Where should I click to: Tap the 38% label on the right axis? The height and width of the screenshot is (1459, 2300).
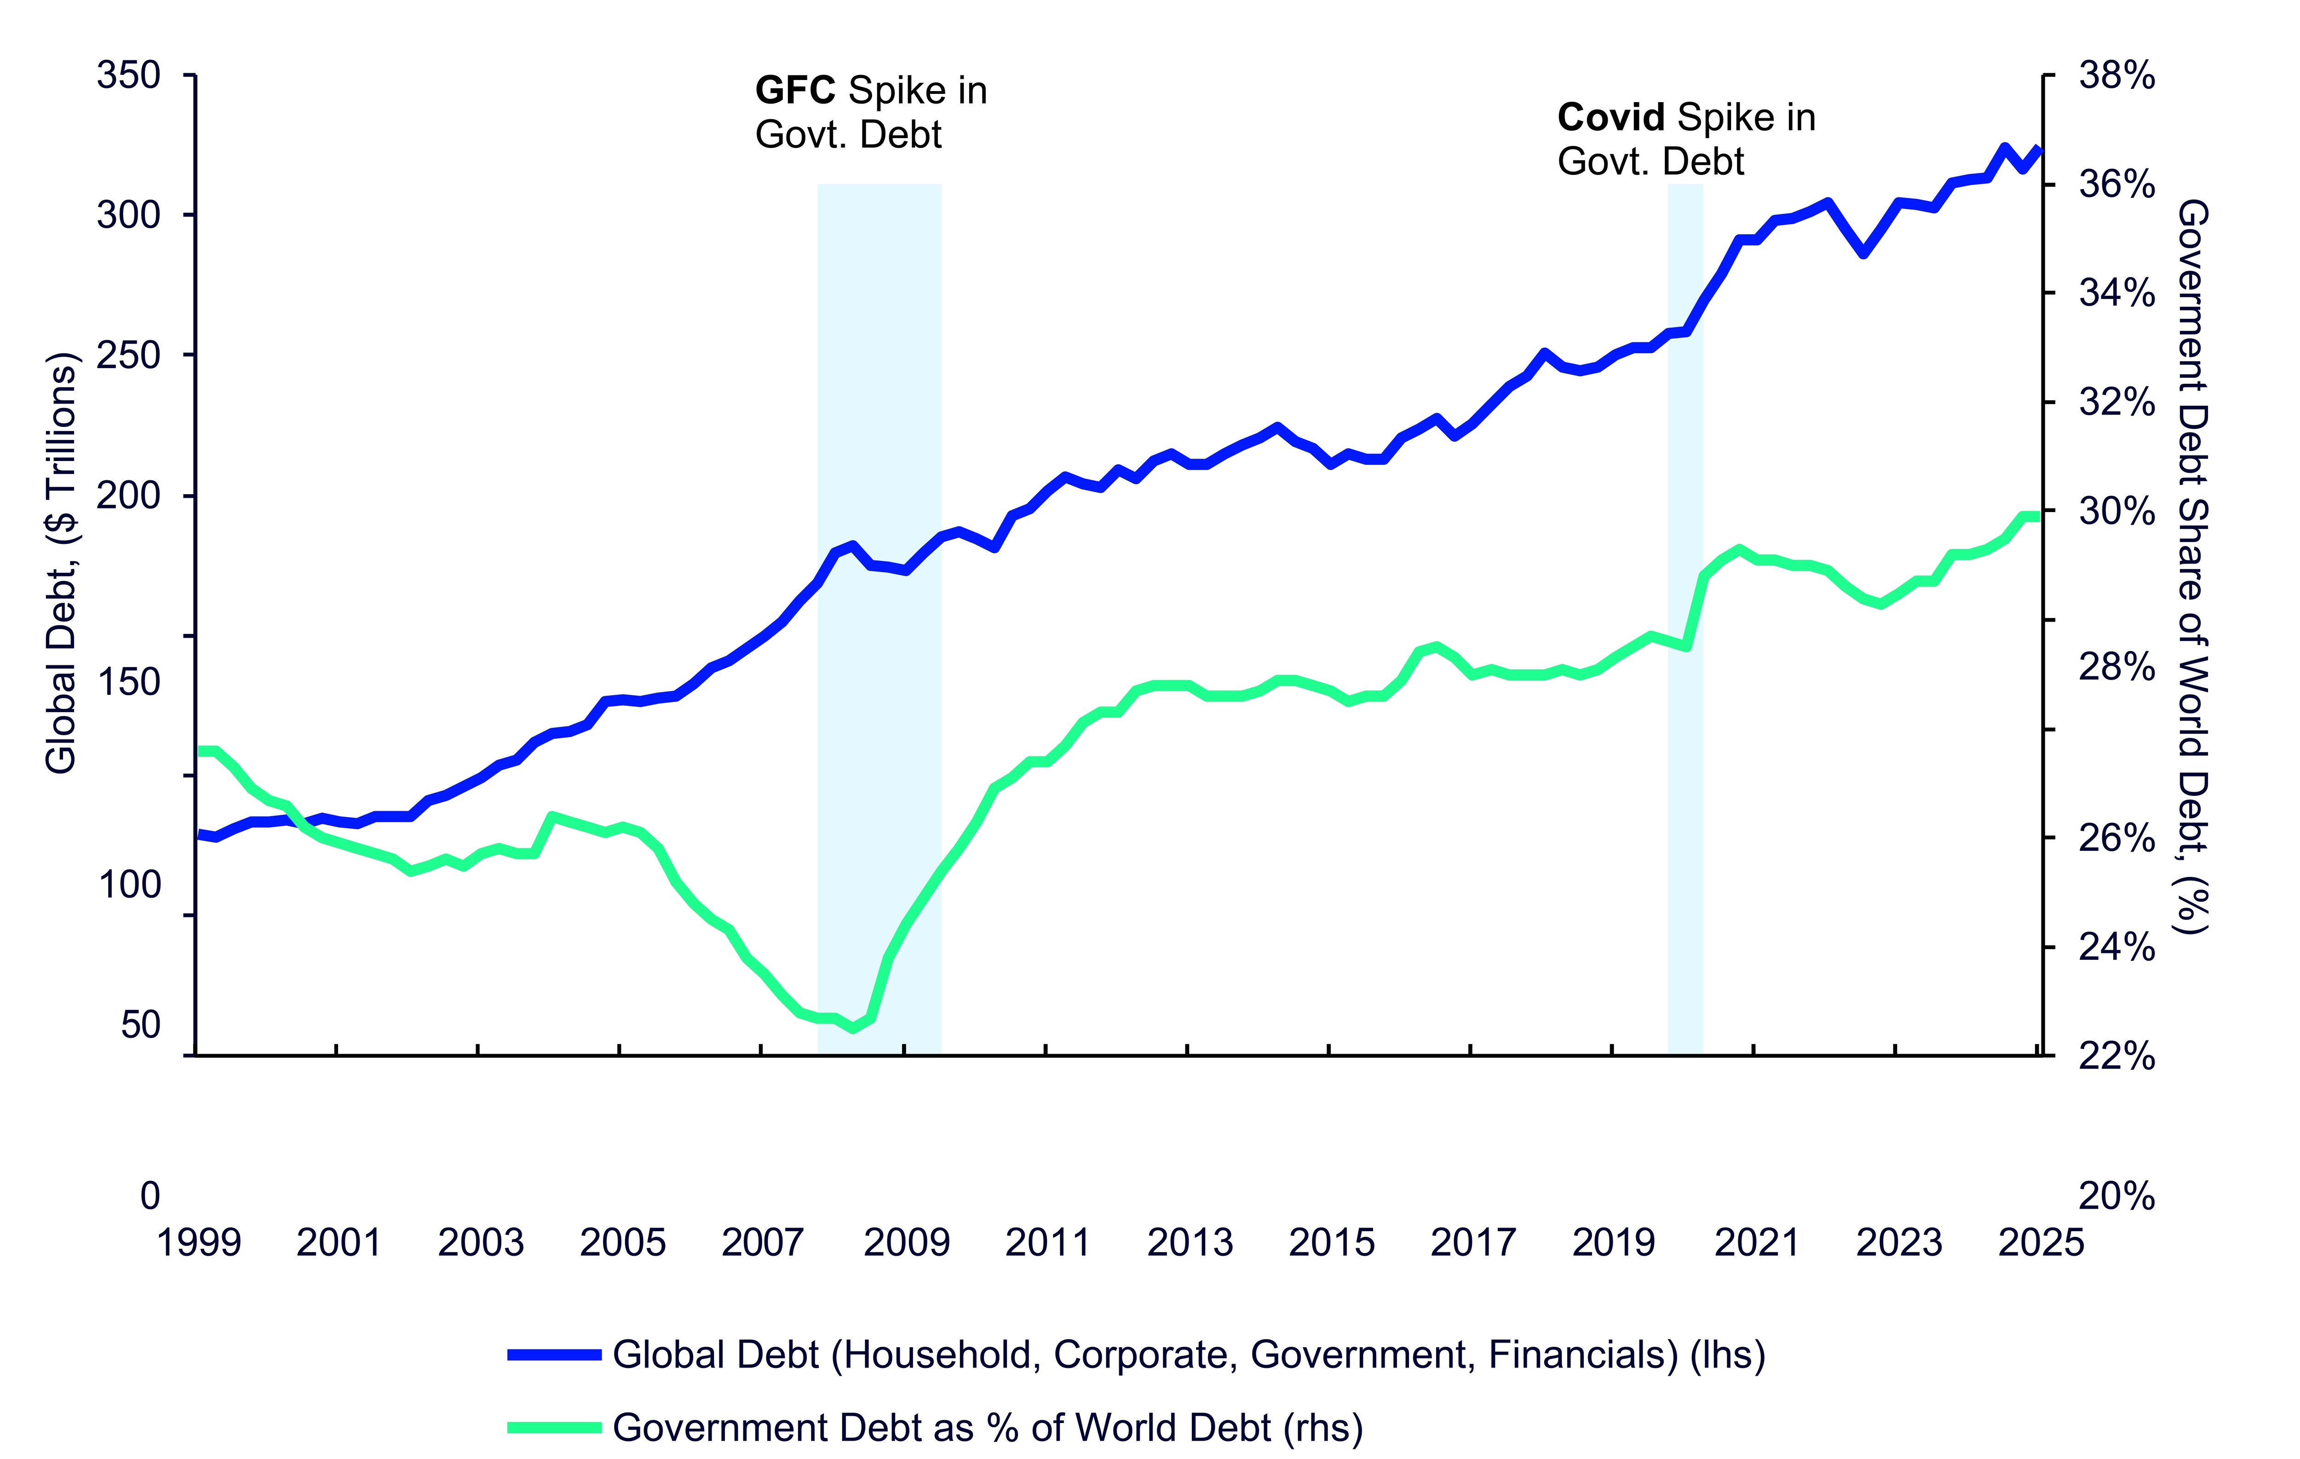[2116, 75]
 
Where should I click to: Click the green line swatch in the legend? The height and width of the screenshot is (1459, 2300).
[554, 1427]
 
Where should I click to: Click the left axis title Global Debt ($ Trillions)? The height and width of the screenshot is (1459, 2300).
[61, 564]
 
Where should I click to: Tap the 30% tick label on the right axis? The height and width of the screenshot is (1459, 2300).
[2116, 512]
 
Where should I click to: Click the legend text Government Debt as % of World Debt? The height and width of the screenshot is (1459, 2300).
[987, 1427]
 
